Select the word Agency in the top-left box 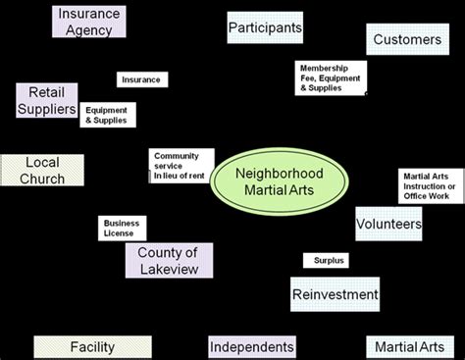click(x=90, y=29)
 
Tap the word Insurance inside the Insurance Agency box click(x=90, y=14)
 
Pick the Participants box click(x=265, y=28)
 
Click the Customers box click(x=406, y=40)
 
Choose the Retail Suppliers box click(x=46, y=101)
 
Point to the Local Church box click(x=42, y=170)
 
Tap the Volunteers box click(x=388, y=225)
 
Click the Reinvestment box click(x=335, y=293)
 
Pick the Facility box click(x=92, y=346)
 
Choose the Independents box click(x=252, y=346)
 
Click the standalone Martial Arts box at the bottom click(x=410, y=346)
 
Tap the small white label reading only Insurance click(x=142, y=79)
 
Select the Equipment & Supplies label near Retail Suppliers click(x=108, y=115)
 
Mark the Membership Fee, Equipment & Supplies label click(x=331, y=77)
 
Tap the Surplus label click(x=325, y=261)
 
